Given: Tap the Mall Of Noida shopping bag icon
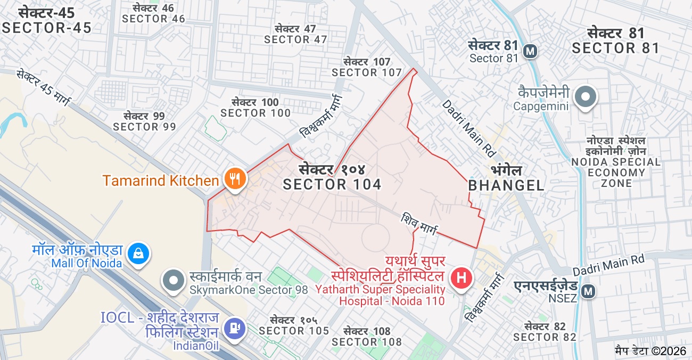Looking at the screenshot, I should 138,253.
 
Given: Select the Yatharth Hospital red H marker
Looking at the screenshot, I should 462,278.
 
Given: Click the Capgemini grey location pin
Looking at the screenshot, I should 586,97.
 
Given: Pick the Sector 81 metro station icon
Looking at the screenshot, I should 530,52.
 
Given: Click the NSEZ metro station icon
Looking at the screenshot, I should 588,291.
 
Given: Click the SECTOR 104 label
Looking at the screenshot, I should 332,184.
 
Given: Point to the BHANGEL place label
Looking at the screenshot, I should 506,185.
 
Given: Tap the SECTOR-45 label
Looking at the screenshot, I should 47,28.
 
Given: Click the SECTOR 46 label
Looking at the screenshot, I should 153,19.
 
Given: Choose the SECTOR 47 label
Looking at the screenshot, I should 295,39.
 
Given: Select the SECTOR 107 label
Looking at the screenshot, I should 367,72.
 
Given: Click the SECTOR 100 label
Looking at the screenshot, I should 256,113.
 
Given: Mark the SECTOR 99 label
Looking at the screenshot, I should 144,127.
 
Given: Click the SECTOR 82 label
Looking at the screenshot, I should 545,337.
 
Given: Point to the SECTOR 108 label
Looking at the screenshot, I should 367,341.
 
